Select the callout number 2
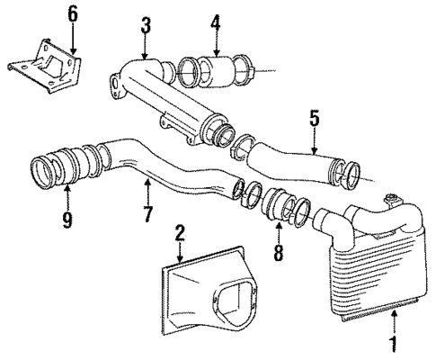[179, 233]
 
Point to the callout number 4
[215, 21]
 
